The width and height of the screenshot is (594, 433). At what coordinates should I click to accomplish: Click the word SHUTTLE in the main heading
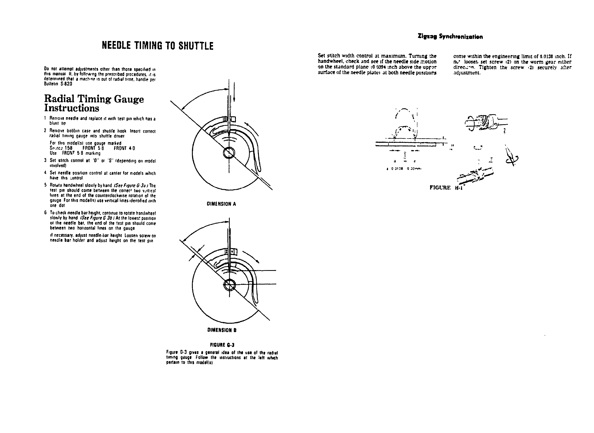click(196, 46)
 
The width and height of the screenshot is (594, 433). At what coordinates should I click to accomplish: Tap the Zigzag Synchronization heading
click(450, 37)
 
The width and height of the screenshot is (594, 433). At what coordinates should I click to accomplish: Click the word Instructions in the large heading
click(72, 108)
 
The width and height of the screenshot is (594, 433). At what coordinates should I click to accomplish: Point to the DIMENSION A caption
click(221, 204)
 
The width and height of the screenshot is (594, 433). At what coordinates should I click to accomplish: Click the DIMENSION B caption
click(222, 330)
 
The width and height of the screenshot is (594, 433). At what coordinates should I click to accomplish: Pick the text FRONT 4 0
click(124, 148)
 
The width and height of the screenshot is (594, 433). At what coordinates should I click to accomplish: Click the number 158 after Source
click(68, 148)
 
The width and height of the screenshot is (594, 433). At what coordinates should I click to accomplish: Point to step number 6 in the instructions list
click(45, 213)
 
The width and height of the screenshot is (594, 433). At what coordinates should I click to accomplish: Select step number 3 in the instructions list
click(45, 160)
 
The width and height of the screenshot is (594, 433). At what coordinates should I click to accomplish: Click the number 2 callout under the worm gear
click(504, 130)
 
